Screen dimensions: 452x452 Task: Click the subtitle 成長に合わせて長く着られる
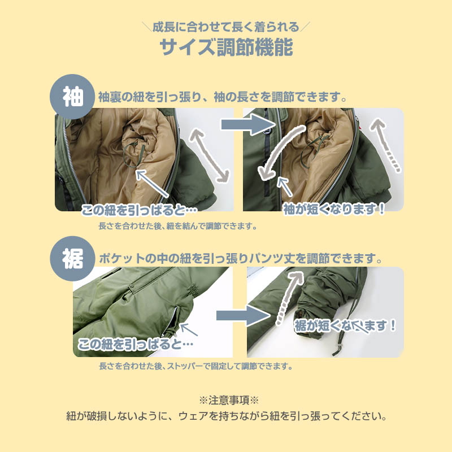[x=226, y=27]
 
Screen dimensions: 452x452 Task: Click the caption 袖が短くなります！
[x=334, y=209]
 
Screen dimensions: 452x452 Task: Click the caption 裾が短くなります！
[x=345, y=326]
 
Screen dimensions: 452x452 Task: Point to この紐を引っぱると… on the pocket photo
[x=136, y=344]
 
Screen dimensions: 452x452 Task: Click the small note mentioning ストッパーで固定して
[x=195, y=366]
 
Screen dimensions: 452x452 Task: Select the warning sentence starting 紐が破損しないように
[x=226, y=418]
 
